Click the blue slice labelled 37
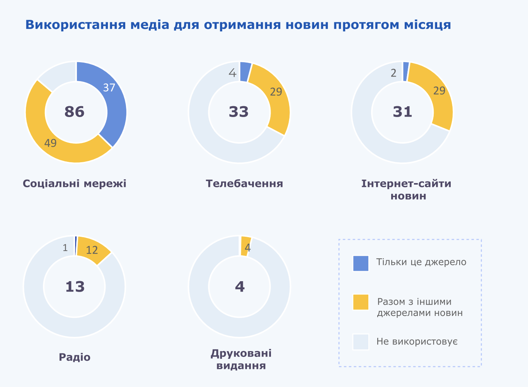(x=112, y=100)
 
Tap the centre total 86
(x=75, y=112)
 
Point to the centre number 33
(x=239, y=112)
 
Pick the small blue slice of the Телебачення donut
(x=245, y=72)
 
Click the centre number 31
(x=403, y=112)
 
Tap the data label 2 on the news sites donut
(x=393, y=73)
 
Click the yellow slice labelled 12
(x=93, y=250)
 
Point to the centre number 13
(x=75, y=287)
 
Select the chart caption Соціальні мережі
(x=75, y=183)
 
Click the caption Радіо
(x=75, y=357)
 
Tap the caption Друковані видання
(x=241, y=359)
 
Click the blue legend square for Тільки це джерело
(x=361, y=263)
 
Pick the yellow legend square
(x=361, y=302)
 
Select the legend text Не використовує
(x=417, y=342)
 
